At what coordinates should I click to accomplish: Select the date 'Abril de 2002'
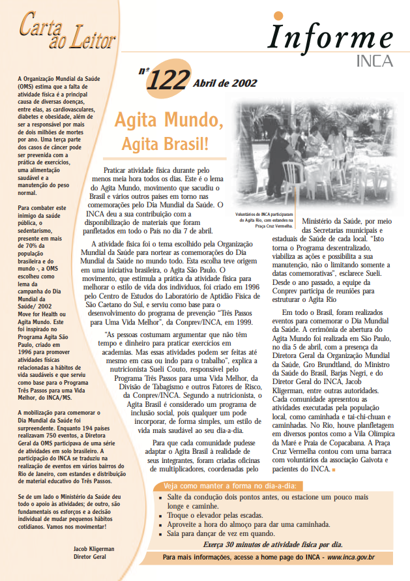click(x=225, y=83)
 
